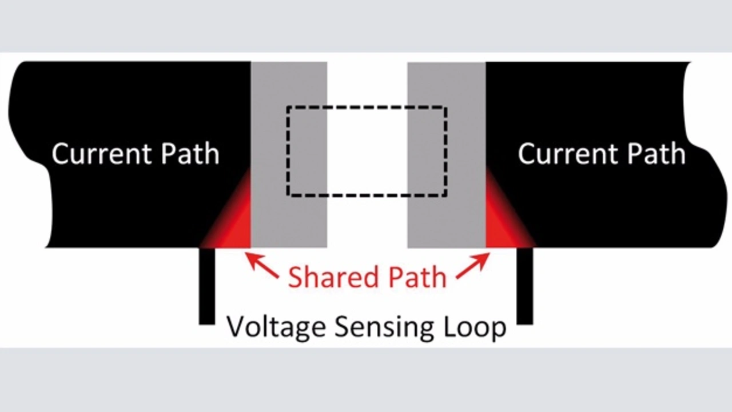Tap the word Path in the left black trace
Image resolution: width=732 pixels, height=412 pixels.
point(190,154)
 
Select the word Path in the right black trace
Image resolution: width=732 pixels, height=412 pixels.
point(657,154)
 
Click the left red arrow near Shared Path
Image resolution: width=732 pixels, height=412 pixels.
point(262,266)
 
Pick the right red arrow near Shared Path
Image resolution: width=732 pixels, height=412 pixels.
point(473,266)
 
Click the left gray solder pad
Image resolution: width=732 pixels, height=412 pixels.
point(289,155)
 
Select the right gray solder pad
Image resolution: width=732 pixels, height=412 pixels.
point(447,155)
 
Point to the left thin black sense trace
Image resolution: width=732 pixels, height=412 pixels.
point(207,286)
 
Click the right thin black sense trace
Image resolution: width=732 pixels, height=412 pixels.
point(525,286)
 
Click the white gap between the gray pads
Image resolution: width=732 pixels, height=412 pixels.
point(367,155)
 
